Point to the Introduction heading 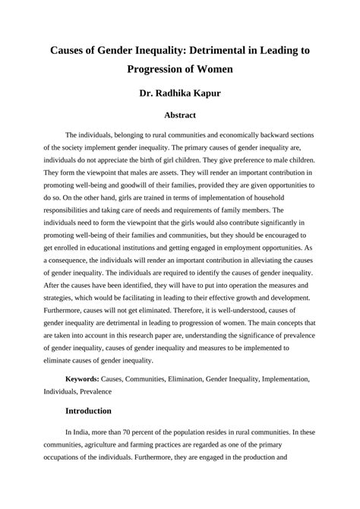89,410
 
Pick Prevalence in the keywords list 94,391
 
